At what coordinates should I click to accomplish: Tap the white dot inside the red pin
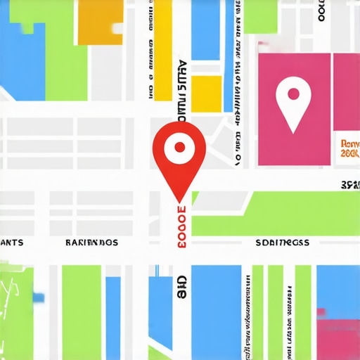[179, 147]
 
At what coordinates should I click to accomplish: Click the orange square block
[99, 21]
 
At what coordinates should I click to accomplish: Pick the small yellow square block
[207, 93]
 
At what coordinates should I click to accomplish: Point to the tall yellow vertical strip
[163, 49]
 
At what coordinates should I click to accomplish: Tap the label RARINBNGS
[91, 243]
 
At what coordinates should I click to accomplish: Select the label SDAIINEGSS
[281, 243]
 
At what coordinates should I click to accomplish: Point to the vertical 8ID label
[182, 287]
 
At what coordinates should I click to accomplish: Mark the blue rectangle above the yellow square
[207, 35]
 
